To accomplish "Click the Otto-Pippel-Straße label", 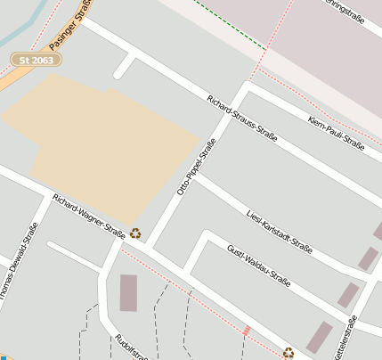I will point(196,167).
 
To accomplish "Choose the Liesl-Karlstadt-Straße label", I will point(278,231).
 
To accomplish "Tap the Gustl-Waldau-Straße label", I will point(258,266).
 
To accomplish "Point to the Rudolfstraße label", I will point(131,348).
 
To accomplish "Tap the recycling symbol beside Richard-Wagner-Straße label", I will point(135,233).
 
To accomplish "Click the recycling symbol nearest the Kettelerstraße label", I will point(289,352).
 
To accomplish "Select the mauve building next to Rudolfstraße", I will point(128,292).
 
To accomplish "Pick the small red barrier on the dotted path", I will point(247,331).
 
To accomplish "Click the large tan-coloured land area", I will point(98,143).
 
